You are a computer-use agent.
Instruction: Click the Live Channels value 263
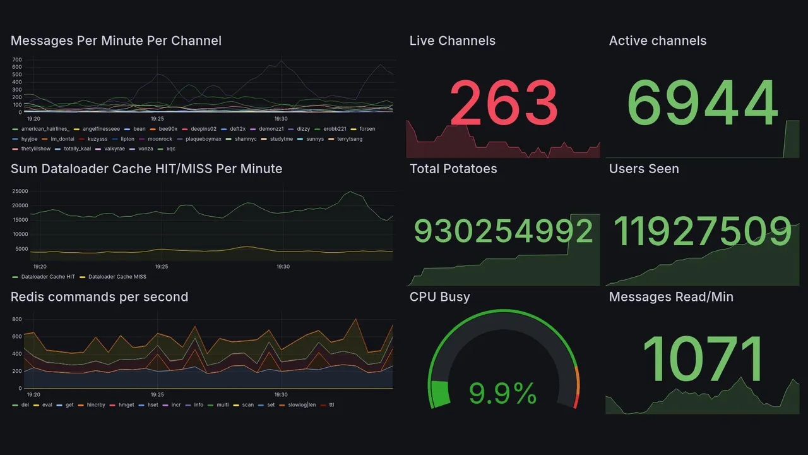tap(503, 103)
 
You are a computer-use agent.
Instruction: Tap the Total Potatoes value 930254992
tap(503, 231)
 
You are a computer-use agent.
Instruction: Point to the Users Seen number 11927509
tap(703, 231)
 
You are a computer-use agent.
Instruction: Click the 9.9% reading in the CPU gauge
tap(503, 394)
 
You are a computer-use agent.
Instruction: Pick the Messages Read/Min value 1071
tap(703, 360)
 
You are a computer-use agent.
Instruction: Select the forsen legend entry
tap(367, 129)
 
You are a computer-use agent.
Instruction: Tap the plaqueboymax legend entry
tap(203, 139)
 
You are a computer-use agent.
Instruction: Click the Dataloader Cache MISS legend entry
tap(117, 277)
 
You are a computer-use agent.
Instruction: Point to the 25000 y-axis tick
tap(20, 191)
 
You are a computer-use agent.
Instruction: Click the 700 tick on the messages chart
tap(17, 59)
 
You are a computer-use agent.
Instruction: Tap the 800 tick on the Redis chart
tap(17, 319)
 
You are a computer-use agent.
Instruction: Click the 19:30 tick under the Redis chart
tap(281, 394)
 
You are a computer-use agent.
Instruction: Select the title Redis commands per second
tap(99, 297)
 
